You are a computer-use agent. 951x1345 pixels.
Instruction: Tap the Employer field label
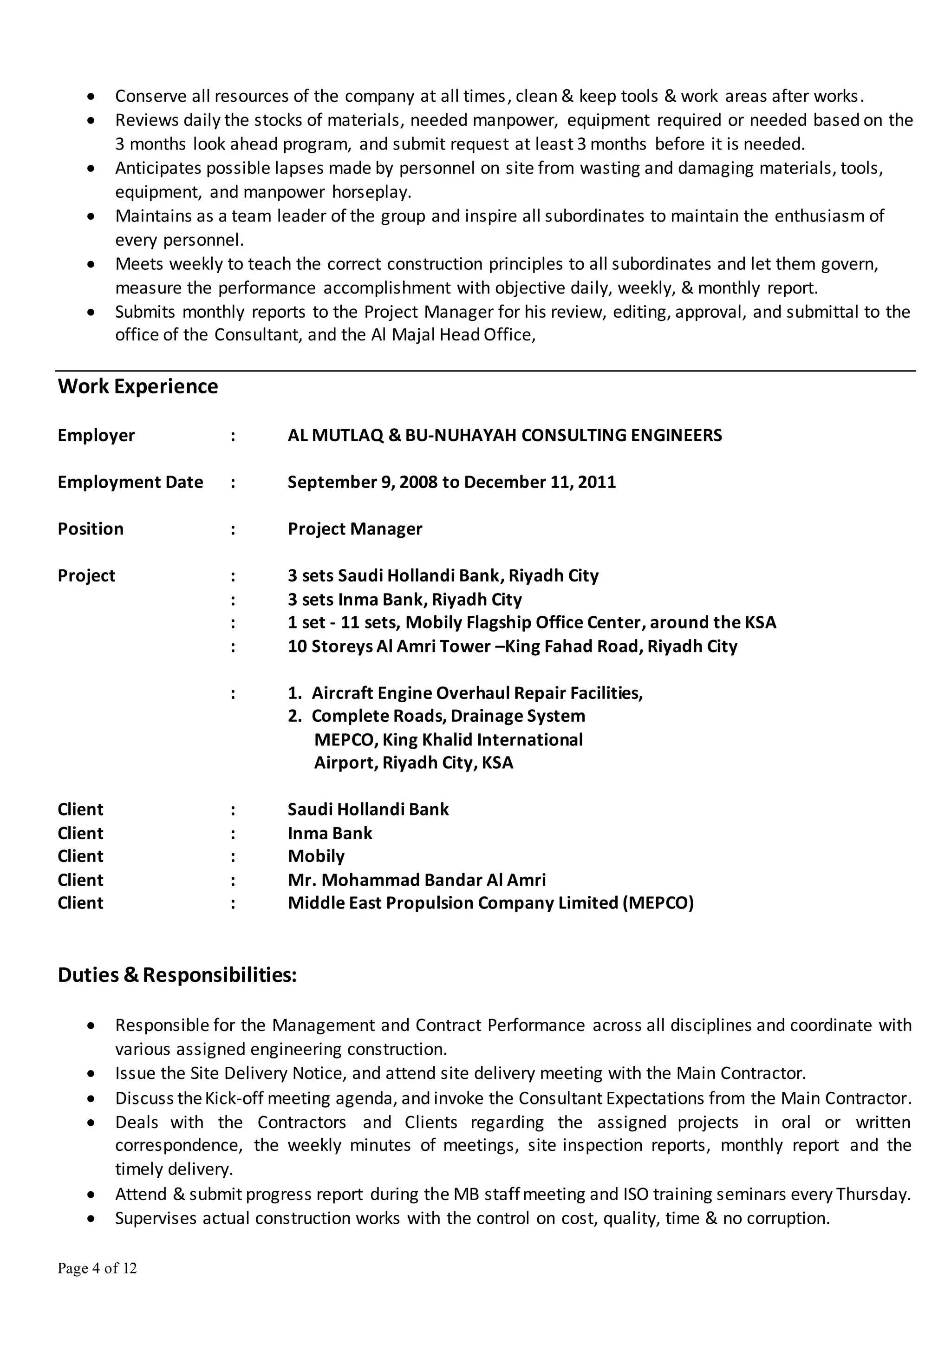coord(96,435)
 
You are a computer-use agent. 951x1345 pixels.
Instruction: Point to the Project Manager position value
coord(354,529)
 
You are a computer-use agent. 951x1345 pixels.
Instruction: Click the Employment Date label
coord(130,482)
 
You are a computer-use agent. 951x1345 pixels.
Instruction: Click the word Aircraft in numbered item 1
coord(342,693)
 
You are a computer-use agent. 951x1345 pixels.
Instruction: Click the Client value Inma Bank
coord(330,833)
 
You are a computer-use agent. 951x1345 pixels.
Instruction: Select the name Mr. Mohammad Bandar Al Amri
coord(417,880)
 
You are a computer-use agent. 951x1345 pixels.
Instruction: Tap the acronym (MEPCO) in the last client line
coord(658,903)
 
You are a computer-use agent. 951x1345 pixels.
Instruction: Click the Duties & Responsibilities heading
coord(177,975)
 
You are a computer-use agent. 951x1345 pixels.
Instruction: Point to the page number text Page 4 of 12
coord(97,1268)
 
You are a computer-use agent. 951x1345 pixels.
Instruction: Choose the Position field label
coord(90,529)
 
